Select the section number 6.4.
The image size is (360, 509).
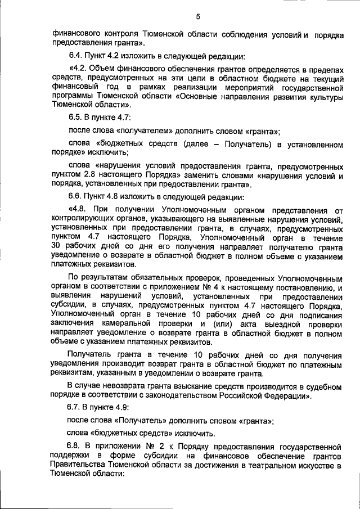point(75,57)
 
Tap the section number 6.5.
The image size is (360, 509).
point(75,116)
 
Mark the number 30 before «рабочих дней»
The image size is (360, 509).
point(56,246)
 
